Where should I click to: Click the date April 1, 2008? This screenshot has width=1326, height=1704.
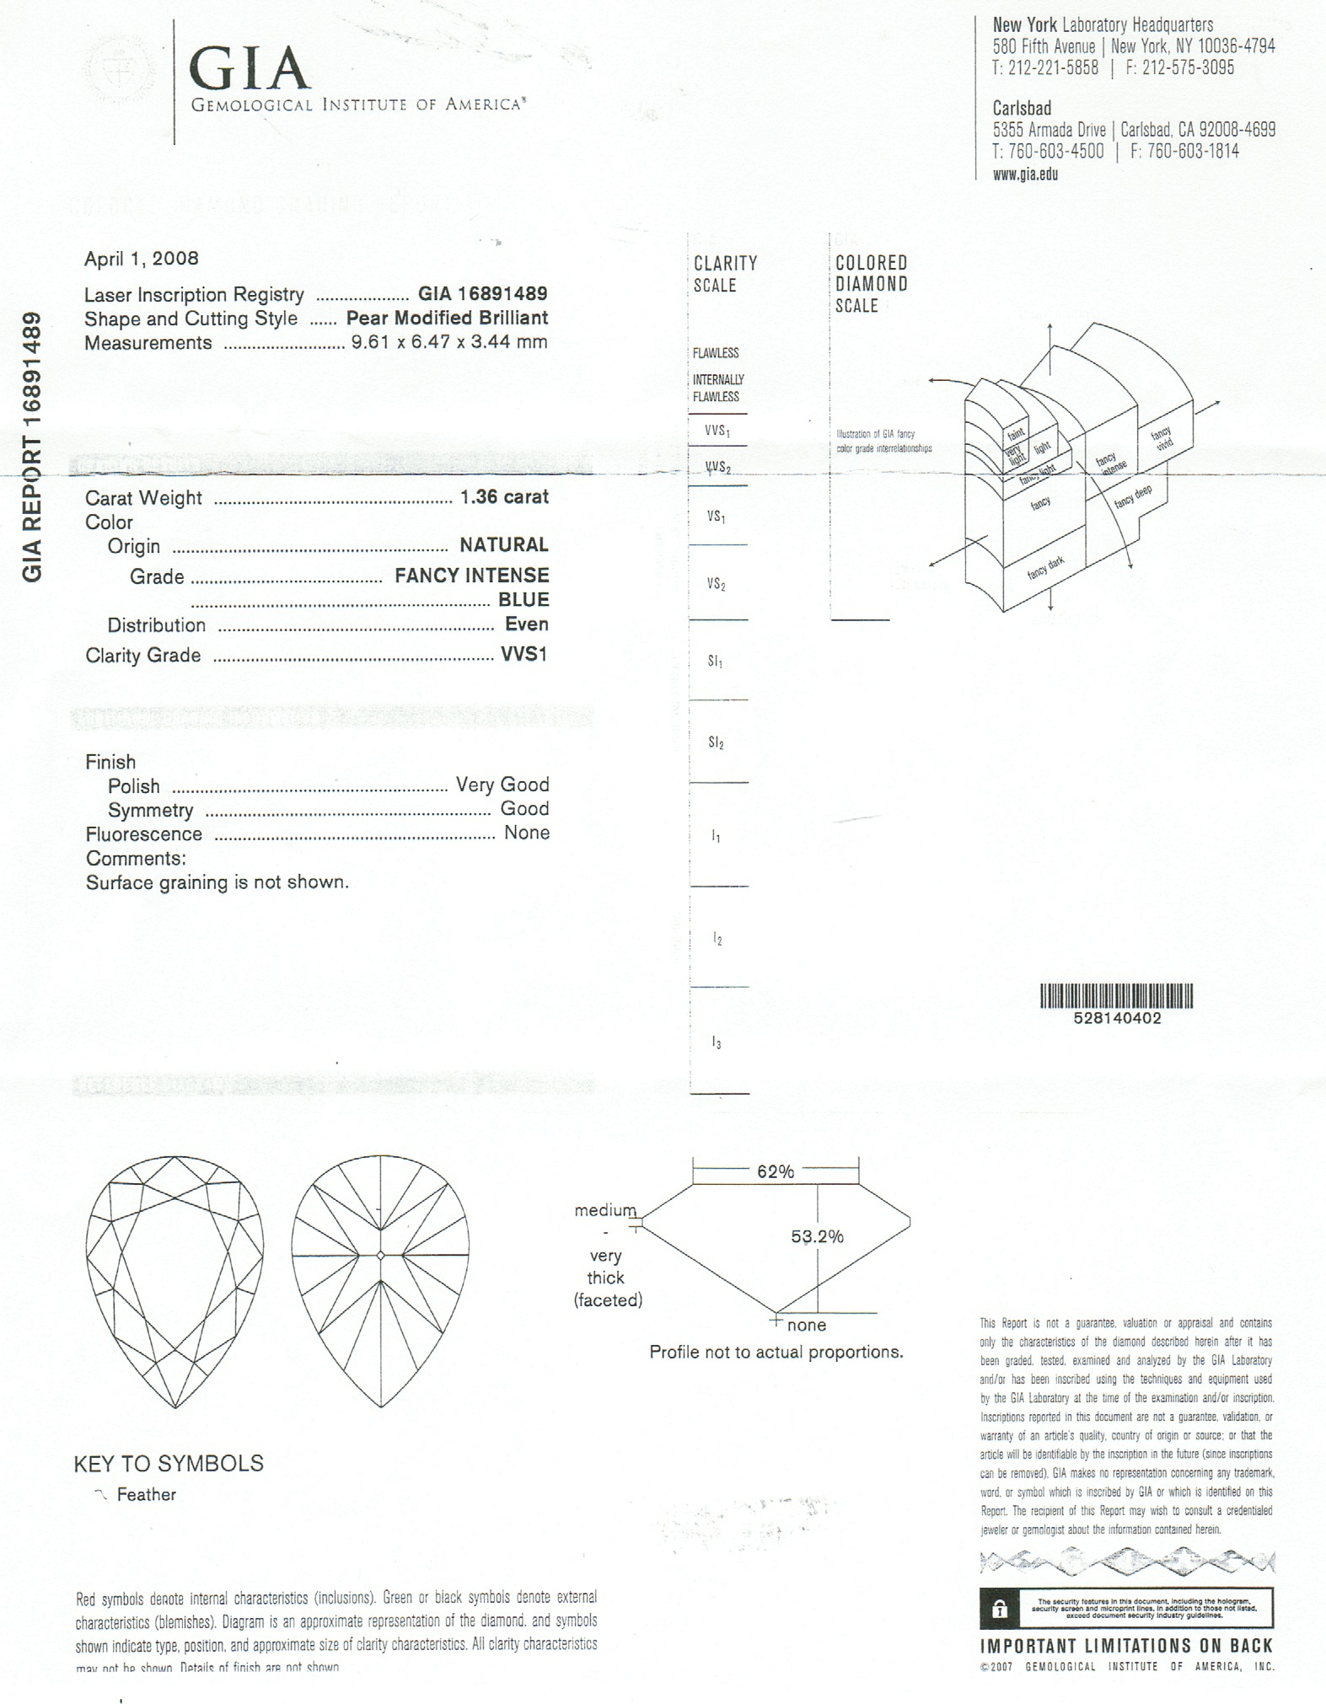[141, 258]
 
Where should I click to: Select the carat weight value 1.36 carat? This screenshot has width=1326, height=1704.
[504, 496]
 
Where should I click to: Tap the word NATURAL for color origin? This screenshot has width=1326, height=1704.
[503, 544]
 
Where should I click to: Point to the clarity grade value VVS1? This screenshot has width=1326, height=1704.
[523, 654]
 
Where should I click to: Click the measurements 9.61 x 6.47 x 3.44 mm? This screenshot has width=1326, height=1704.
[449, 341]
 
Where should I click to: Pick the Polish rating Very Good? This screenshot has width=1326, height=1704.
[502, 785]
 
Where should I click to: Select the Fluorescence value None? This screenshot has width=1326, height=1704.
[526, 833]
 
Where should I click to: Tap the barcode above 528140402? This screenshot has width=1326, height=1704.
[1117, 995]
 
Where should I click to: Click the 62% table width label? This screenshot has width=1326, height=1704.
[775, 1171]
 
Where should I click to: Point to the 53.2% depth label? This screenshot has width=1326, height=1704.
[817, 1236]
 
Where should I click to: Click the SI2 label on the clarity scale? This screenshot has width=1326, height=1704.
[716, 742]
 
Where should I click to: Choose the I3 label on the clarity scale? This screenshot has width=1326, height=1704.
[716, 1043]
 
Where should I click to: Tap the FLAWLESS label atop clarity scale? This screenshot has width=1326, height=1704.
[716, 353]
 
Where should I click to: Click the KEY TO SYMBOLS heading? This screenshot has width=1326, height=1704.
[169, 1464]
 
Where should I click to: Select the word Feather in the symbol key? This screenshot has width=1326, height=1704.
[147, 1494]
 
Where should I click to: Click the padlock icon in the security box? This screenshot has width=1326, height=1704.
[1000, 1609]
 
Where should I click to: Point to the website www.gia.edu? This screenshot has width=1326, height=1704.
[1025, 174]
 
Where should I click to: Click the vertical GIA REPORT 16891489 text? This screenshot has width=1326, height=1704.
[31, 447]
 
